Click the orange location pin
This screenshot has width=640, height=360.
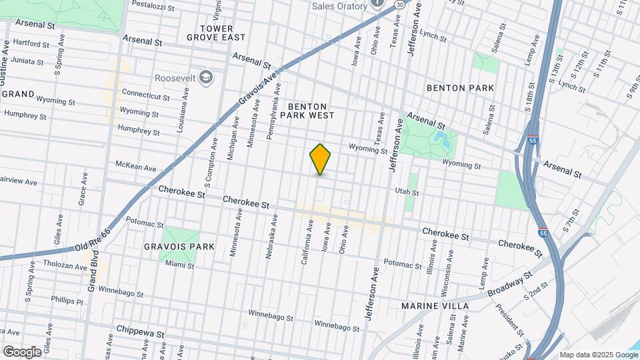tap(321, 159)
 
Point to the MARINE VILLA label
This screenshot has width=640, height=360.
tap(435, 305)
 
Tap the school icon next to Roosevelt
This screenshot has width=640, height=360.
tap(207, 77)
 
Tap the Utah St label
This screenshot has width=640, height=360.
tap(407, 192)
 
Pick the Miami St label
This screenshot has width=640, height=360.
tap(180, 265)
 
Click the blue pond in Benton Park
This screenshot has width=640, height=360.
tap(441, 141)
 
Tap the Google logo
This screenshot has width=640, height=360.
tap(22, 351)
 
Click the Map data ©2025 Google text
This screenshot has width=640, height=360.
tap(598, 355)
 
